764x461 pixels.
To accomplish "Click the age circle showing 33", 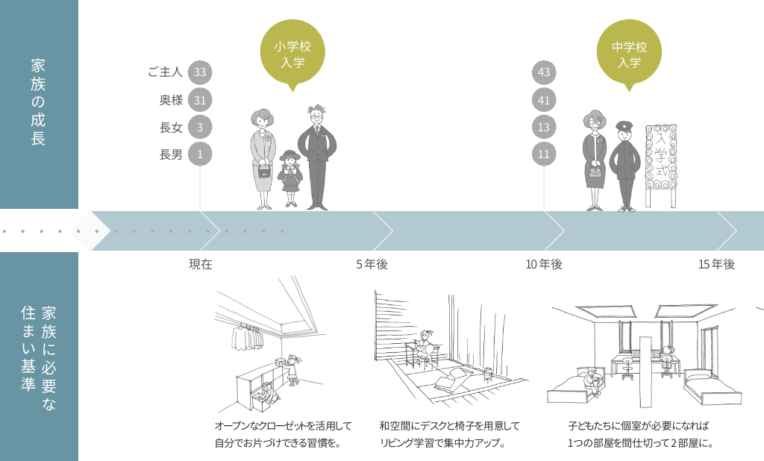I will click(199, 72).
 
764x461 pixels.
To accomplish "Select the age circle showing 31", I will click(199, 99).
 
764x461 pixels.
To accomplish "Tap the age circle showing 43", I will click(543, 72).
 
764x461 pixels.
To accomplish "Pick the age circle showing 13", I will click(543, 127).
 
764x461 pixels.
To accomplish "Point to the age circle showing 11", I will click(543, 154).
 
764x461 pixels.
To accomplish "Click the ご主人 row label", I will click(165, 72).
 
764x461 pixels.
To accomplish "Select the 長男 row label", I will click(171, 154).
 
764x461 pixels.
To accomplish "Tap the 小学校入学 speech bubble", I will click(292, 56).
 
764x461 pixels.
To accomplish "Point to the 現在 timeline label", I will click(201, 264).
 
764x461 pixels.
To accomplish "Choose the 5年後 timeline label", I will click(372, 264).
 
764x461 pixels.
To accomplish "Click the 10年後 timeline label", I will click(543, 264).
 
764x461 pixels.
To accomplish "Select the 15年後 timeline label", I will click(716, 264).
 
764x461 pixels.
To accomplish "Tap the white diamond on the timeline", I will click(89, 230).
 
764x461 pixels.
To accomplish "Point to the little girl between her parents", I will click(289, 178).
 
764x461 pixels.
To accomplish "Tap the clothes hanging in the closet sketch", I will click(246, 336).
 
